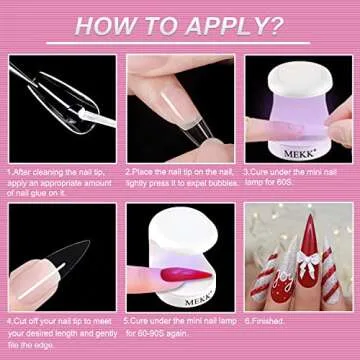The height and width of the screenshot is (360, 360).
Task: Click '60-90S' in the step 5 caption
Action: [151, 332]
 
